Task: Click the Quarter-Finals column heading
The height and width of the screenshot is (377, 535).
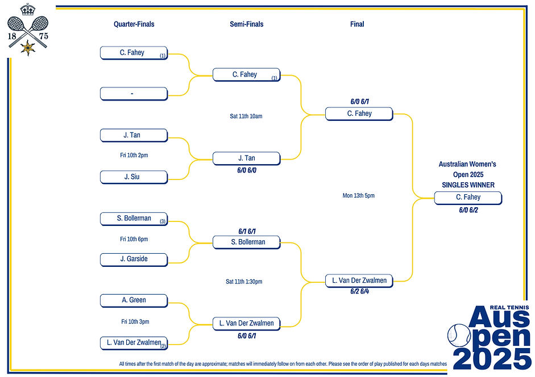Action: point(134,24)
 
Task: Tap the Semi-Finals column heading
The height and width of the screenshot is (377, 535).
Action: point(246,24)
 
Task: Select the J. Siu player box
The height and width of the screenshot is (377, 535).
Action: point(134,177)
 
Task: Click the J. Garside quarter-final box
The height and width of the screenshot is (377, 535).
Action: point(134,259)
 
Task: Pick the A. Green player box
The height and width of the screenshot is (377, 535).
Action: point(134,300)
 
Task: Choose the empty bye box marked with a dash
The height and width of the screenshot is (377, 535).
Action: point(134,93)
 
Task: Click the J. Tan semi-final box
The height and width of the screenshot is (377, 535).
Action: point(246,158)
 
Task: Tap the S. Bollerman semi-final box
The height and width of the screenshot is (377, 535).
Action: point(246,242)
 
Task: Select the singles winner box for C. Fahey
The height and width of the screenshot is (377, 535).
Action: point(468,198)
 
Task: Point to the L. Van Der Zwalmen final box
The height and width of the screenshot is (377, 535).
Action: point(359,280)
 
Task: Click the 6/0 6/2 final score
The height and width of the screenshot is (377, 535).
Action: point(468,210)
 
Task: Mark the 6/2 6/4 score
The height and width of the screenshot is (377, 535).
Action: point(359,291)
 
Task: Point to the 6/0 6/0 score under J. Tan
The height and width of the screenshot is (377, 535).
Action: point(246,169)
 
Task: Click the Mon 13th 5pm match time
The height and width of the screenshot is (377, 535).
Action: point(358,195)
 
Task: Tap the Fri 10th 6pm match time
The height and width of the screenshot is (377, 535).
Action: point(134,239)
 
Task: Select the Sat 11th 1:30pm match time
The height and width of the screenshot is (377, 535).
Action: point(243,282)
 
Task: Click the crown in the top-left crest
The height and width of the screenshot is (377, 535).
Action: point(27,10)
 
